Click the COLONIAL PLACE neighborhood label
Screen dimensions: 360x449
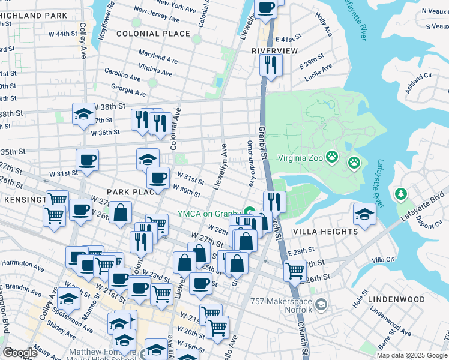(153, 34)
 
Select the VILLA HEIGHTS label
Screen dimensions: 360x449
(325, 231)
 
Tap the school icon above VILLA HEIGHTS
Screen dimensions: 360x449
(364, 214)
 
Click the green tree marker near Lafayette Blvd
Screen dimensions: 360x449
(401, 194)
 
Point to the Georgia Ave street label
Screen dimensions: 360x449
(128, 92)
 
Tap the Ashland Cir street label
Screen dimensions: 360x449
(420, 76)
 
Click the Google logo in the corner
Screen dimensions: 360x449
(19, 352)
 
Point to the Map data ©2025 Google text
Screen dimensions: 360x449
(411, 355)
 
